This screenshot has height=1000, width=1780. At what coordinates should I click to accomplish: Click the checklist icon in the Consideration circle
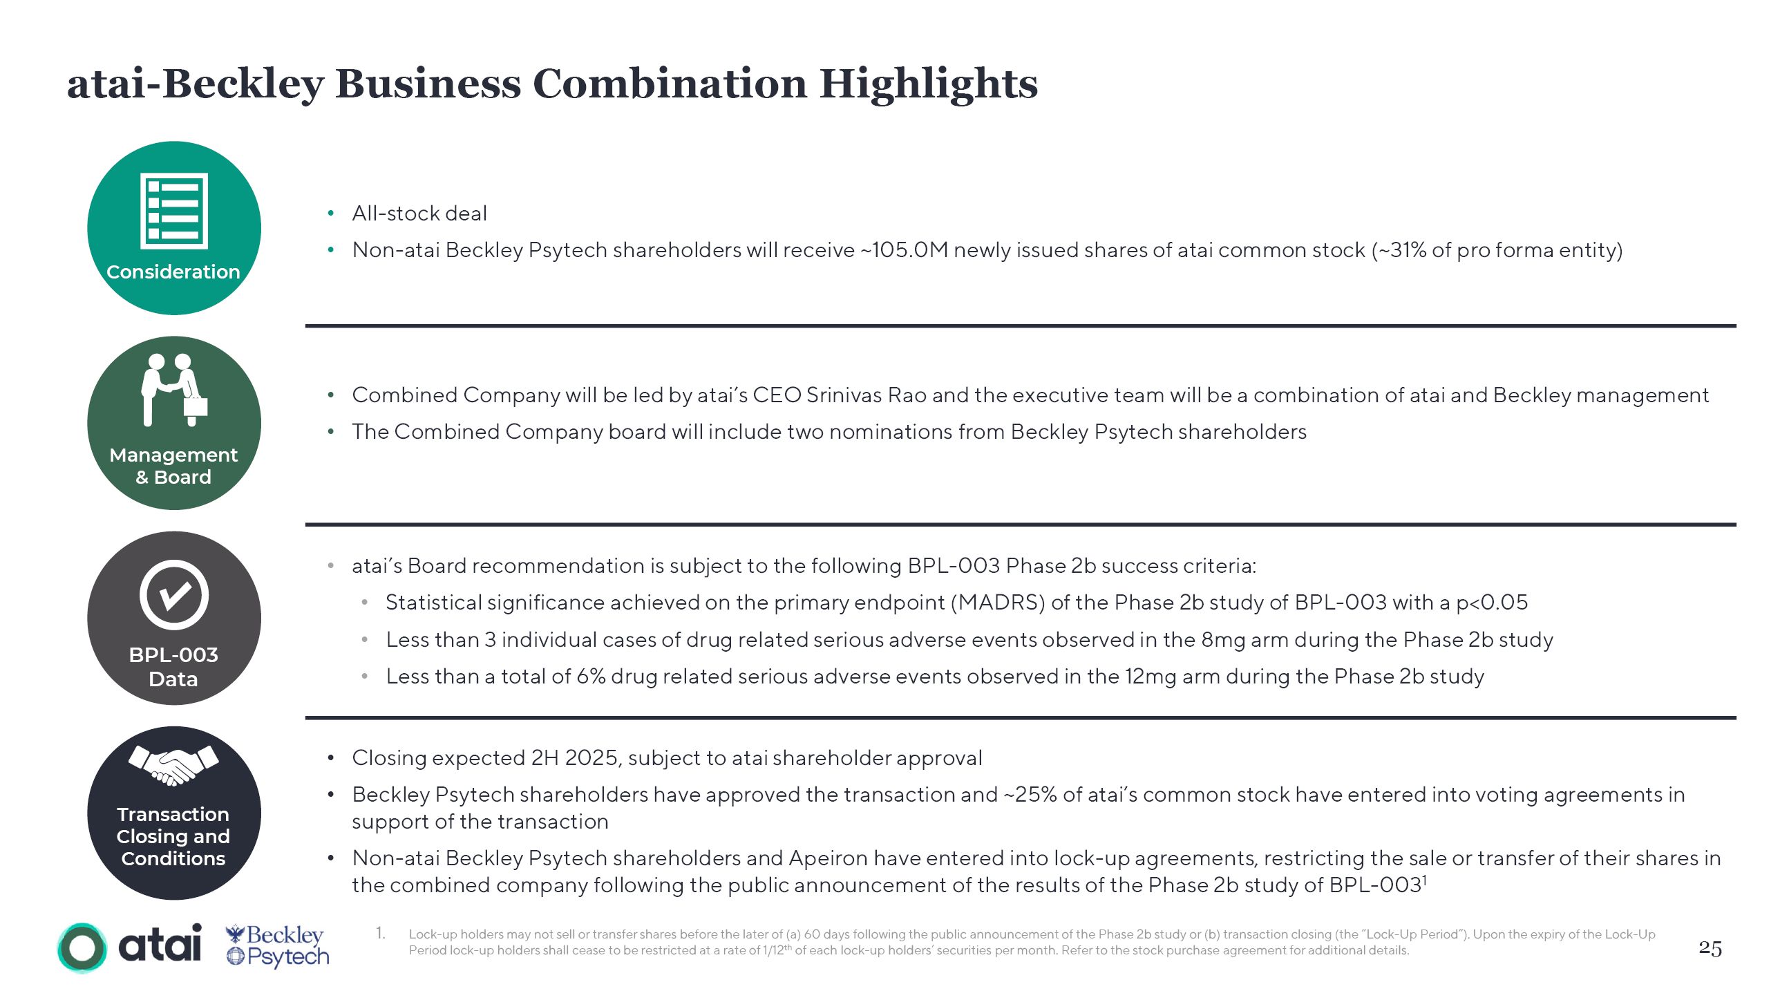174,211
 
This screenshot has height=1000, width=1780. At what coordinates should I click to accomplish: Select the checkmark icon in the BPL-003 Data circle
174,595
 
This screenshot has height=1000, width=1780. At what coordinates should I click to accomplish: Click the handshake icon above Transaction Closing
173,766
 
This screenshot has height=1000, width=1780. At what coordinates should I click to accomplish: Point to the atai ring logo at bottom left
82,947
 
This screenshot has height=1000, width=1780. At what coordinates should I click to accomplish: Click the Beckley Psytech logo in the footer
278,946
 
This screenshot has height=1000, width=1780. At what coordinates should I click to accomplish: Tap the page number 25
1710,948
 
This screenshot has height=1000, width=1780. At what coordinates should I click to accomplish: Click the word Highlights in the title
928,84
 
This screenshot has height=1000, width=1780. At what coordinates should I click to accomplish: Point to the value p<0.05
1492,603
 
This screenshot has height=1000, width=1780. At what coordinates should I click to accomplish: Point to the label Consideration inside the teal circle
173,272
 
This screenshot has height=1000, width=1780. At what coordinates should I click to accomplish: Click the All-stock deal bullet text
419,214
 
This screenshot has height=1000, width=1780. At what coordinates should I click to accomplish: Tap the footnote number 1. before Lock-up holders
381,934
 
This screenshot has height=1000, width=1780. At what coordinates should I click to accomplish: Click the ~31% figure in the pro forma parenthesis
1401,250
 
